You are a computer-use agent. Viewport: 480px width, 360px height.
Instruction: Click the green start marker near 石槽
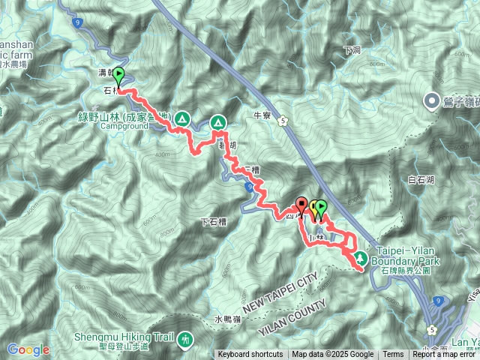[118, 76]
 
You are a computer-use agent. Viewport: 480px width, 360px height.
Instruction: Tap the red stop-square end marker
[301, 204]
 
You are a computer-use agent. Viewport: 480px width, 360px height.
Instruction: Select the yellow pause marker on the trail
[314, 207]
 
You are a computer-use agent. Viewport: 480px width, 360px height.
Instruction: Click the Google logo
[28, 349]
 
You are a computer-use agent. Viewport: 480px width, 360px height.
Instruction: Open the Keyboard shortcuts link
[250, 355]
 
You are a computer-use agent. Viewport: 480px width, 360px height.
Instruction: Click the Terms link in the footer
[393, 355]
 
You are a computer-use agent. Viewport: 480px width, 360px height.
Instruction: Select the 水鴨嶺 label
[227, 319]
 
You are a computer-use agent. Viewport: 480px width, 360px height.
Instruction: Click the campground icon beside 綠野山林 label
[182, 118]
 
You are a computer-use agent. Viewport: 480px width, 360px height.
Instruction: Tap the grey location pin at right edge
[433, 100]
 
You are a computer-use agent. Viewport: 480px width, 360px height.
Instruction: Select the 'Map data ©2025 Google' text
[333, 355]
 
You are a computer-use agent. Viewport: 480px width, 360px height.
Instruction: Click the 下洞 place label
[352, 50]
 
